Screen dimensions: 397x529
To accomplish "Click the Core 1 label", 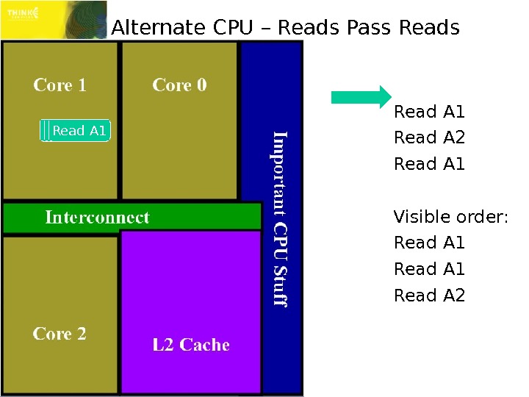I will click(x=60, y=85).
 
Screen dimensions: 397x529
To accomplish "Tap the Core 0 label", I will click(x=179, y=85).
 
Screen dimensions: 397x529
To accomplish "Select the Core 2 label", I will click(x=60, y=334).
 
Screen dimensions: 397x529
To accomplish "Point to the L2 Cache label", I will click(x=191, y=345).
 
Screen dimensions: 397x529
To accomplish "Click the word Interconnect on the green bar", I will click(x=97, y=218).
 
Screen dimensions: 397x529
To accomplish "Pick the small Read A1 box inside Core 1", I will click(x=76, y=131).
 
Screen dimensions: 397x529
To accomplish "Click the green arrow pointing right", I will click(x=361, y=97).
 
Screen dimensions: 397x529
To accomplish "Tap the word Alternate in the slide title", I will click(x=158, y=28).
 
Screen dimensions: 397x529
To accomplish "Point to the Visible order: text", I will click(x=451, y=217).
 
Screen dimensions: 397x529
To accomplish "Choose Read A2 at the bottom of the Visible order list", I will click(x=430, y=296).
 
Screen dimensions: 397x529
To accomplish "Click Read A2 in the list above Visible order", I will click(x=430, y=138).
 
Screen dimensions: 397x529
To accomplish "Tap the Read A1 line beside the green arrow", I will click(x=430, y=112).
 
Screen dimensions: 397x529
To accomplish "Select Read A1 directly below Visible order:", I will click(x=430, y=243).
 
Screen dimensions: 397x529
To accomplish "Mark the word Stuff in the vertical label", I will click(x=280, y=286).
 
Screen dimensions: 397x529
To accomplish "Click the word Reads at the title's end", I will click(x=428, y=28).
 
